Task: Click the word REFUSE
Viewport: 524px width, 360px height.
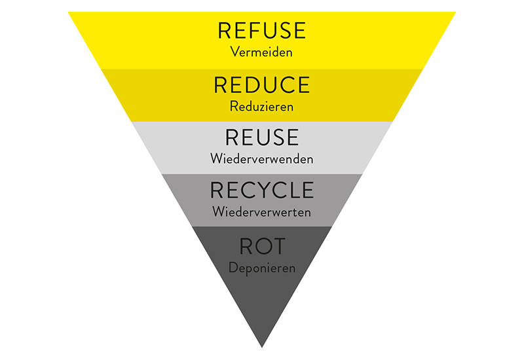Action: coord(262,30)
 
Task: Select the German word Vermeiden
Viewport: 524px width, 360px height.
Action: coord(262,51)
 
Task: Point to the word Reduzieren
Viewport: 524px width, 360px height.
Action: coord(262,105)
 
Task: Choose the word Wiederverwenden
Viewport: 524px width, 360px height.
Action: coord(262,158)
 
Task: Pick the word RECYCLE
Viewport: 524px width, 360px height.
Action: coord(262,190)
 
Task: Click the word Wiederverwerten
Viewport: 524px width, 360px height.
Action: coord(262,212)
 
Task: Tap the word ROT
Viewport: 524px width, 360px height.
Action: coord(262,246)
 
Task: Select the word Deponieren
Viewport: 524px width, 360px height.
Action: coord(262,267)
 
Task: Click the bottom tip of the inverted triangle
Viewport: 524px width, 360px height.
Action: coord(262,346)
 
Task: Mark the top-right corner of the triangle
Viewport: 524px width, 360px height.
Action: coord(455,13)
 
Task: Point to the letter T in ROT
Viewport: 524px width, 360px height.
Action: coord(280,246)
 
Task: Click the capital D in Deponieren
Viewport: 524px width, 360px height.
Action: coord(233,267)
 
